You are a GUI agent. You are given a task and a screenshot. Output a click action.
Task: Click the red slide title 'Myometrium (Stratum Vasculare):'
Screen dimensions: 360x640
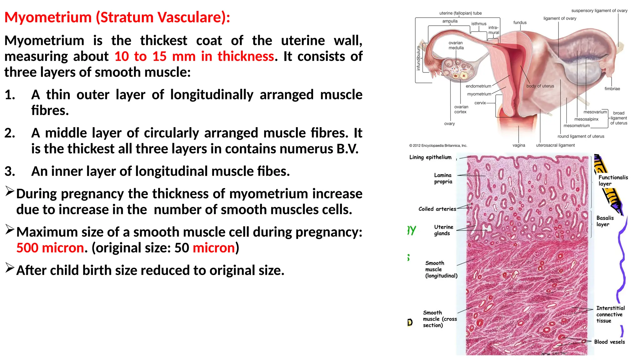[x=117, y=17]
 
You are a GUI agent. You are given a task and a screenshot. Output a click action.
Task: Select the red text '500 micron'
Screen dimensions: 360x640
[x=50, y=248]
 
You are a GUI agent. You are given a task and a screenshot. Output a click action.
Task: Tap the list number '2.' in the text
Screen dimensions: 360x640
[x=10, y=133]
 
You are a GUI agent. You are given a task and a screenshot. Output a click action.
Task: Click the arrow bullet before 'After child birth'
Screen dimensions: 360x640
[x=10, y=268]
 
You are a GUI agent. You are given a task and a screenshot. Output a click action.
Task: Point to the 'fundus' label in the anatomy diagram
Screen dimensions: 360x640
[x=520, y=22]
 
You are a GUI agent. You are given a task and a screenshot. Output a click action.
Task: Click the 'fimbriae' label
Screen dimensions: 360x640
[x=612, y=89]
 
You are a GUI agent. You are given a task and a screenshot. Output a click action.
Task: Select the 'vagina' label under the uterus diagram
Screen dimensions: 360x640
[x=519, y=145]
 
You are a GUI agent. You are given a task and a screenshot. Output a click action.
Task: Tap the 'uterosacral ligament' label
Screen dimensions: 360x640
[x=555, y=145]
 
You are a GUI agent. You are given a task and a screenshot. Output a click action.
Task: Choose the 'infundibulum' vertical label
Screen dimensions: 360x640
[x=418, y=58]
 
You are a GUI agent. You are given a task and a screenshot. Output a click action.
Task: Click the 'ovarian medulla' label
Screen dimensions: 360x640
[x=456, y=45]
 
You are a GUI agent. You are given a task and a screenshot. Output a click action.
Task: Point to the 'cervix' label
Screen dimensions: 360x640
[x=480, y=103]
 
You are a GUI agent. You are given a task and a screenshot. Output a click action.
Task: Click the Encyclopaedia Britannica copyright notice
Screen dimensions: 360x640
[x=438, y=146]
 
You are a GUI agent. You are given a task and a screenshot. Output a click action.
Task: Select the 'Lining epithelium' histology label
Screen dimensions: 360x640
[x=430, y=157]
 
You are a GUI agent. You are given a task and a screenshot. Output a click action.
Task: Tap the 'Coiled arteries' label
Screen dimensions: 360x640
[x=437, y=209]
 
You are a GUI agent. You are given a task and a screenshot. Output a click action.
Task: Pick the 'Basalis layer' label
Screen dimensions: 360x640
[x=605, y=221]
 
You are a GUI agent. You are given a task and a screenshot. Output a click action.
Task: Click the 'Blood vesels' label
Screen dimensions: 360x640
[x=609, y=342]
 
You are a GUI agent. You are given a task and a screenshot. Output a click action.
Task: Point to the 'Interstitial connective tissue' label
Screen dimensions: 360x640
[x=610, y=314]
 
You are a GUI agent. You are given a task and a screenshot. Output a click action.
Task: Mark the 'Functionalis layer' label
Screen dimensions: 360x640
[x=613, y=180]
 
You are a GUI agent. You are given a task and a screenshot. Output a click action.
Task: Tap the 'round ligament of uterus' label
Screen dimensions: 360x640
[x=581, y=136]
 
